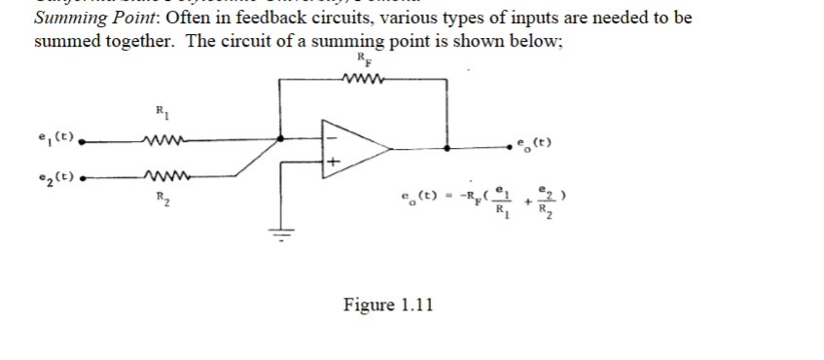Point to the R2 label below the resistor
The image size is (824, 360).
(x=161, y=197)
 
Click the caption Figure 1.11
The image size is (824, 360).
(x=388, y=305)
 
